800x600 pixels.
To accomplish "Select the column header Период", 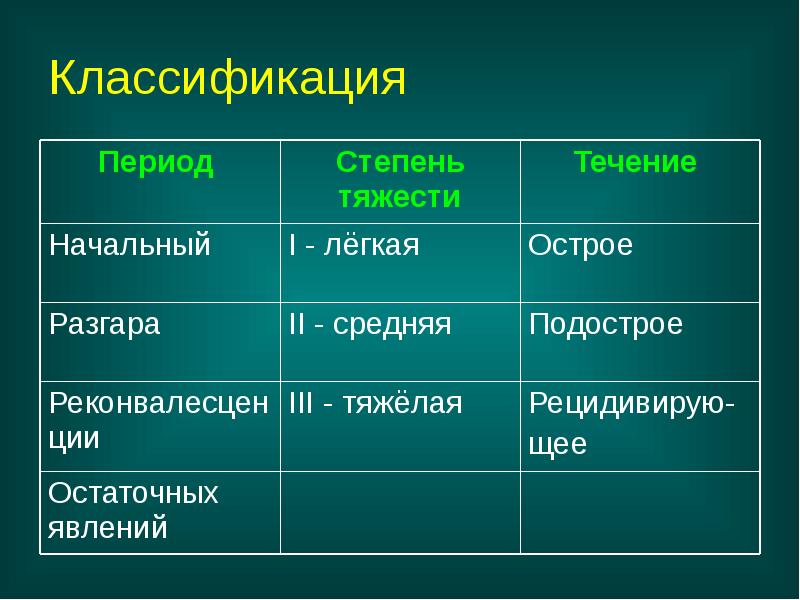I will tap(156, 164).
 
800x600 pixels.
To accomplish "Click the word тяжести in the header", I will tap(399, 197).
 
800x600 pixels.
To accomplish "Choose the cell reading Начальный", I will tap(130, 246).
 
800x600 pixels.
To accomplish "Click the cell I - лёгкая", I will tap(353, 246).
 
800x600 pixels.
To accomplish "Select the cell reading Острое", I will tap(581, 246).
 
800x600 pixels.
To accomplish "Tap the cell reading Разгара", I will tap(105, 325).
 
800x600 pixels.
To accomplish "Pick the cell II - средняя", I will tap(370, 325).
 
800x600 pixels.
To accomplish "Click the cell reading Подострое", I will tap(606, 325).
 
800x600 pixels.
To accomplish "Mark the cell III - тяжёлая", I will tap(375, 404).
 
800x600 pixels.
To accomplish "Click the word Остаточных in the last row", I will tap(133, 494).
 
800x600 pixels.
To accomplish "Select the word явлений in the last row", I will tap(108, 527).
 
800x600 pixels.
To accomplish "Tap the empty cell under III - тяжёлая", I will tap(399, 511).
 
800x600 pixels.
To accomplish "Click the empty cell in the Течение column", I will tap(639, 511).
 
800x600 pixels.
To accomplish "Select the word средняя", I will tap(392, 325).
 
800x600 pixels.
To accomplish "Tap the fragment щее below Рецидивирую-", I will tap(557, 445).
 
